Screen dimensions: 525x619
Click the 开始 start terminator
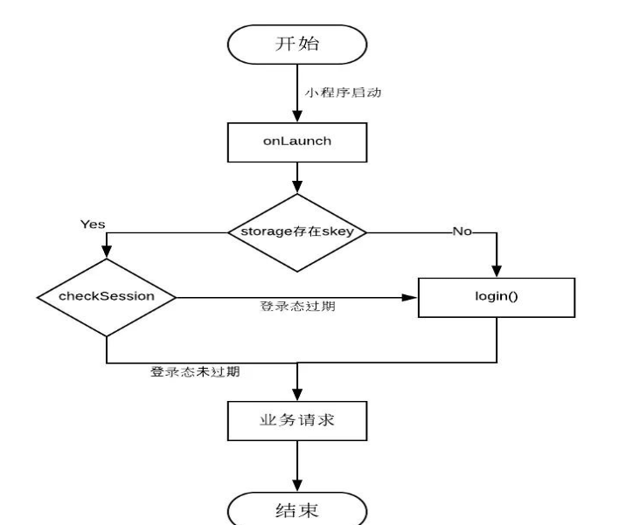298,44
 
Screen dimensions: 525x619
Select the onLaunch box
298,142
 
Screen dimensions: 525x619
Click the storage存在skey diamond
298,232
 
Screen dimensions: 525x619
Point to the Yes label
94,224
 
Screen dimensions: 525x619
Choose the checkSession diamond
106,297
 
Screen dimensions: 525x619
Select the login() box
497,296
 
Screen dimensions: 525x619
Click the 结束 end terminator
298,508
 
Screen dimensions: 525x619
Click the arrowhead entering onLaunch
298,118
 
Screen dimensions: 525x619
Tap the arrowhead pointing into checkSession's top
107,252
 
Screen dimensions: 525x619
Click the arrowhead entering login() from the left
413,297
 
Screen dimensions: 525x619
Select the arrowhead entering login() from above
497,271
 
